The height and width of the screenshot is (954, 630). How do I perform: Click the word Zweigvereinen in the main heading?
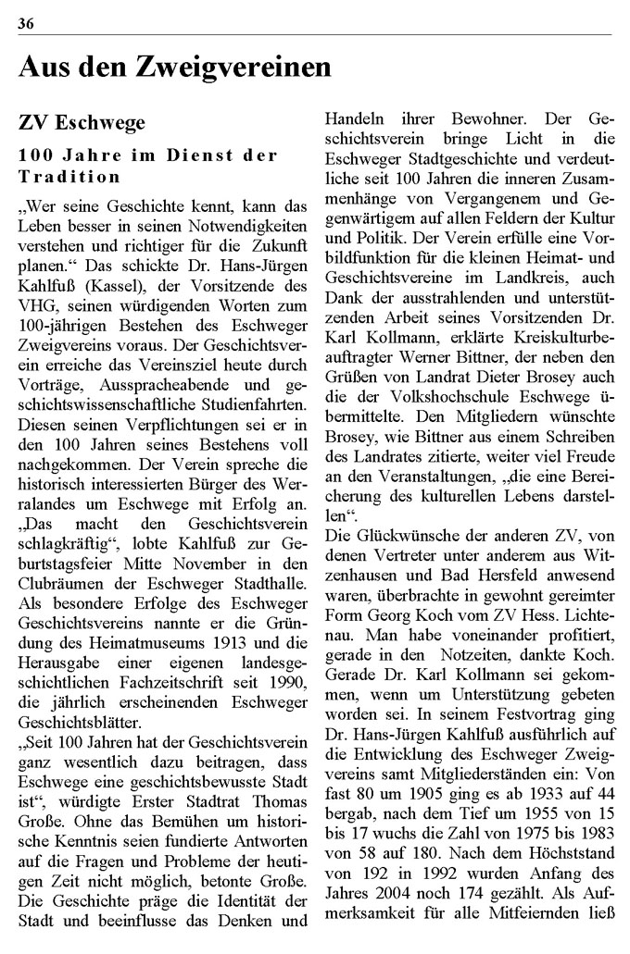point(233,68)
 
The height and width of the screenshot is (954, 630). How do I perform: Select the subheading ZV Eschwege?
point(81,122)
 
